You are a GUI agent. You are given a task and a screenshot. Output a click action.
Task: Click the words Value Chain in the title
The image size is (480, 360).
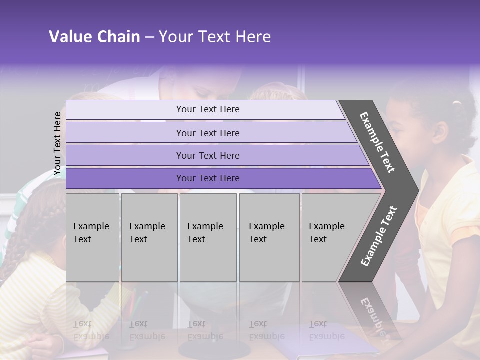pyautogui.click(x=94, y=37)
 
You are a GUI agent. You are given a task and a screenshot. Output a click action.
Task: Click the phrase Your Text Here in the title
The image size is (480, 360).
pyautogui.click(x=215, y=37)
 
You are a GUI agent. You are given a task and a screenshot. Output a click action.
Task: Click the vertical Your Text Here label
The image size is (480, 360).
pyautogui.click(x=57, y=143)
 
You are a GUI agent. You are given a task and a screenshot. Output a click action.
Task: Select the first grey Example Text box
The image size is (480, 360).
pyautogui.click(x=92, y=237)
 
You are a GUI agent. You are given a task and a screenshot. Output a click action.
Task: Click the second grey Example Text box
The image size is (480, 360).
pyautogui.click(x=149, y=237)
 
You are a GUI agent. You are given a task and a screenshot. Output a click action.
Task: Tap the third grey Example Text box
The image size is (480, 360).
pyautogui.click(x=208, y=237)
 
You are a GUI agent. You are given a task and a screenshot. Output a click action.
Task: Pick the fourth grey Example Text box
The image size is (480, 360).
pyautogui.click(x=269, y=237)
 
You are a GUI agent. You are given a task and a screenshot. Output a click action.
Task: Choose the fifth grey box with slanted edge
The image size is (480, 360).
pyautogui.click(x=330, y=237)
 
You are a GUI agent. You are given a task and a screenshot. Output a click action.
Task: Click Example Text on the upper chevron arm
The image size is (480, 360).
pyautogui.click(x=377, y=142)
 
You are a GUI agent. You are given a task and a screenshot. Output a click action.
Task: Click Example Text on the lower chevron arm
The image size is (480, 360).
pyautogui.click(x=379, y=236)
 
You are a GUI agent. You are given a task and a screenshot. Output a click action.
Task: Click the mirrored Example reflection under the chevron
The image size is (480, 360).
pyautogui.click(x=372, y=312)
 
